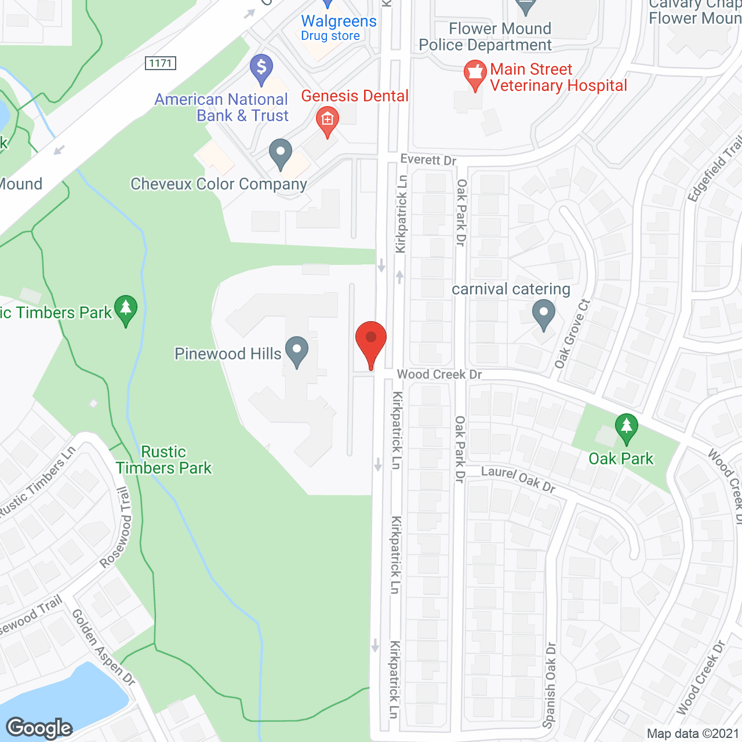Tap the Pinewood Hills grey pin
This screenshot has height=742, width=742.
tap(297, 351)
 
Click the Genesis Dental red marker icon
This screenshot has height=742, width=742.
tap(327, 121)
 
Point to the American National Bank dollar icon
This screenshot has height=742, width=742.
tap(261, 69)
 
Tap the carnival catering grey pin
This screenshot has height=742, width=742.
tap(543, 314)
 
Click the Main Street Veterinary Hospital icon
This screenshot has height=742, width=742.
tap(475, 75)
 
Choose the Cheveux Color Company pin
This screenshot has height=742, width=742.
tap(281, 154)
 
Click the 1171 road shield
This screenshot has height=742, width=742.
tap(161, 63)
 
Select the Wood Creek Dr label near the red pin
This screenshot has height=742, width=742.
tap(439, 374)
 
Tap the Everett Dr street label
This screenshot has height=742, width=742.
tap(428, 159)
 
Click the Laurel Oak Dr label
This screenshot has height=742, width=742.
tap(518, 479)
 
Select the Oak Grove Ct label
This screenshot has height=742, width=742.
tap(572, 334)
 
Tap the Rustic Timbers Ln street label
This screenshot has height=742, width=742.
tap(38, 481)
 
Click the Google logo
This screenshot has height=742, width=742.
tap(39, 728)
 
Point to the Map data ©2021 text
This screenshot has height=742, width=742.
tap(693, 734)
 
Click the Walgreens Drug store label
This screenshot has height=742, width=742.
tap(339, 28)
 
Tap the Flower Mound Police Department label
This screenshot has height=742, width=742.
tap(486, 37)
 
